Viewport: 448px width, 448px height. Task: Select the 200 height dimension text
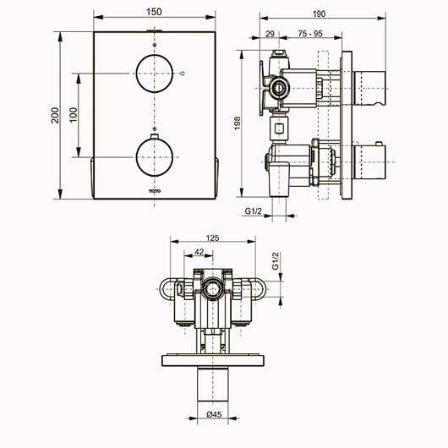coord(57,117)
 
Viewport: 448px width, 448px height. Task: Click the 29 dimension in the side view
coord(270,34)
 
